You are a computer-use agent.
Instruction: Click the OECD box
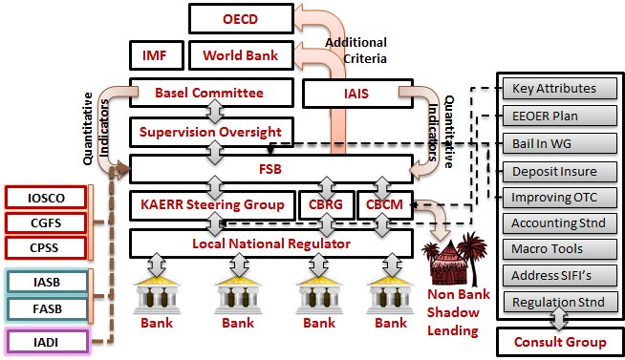coord(241,17)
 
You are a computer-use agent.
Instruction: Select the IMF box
coord(155,55)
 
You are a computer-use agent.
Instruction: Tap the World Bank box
coord(240,55)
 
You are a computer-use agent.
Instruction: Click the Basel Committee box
coord(209,94)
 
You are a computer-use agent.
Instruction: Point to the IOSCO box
coord(48,198)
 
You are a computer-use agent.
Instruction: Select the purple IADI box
coord(48,339)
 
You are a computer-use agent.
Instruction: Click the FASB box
coord(48,307)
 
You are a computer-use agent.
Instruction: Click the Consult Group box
coord(560,342)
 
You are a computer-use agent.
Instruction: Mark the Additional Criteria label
coord(356,50)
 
